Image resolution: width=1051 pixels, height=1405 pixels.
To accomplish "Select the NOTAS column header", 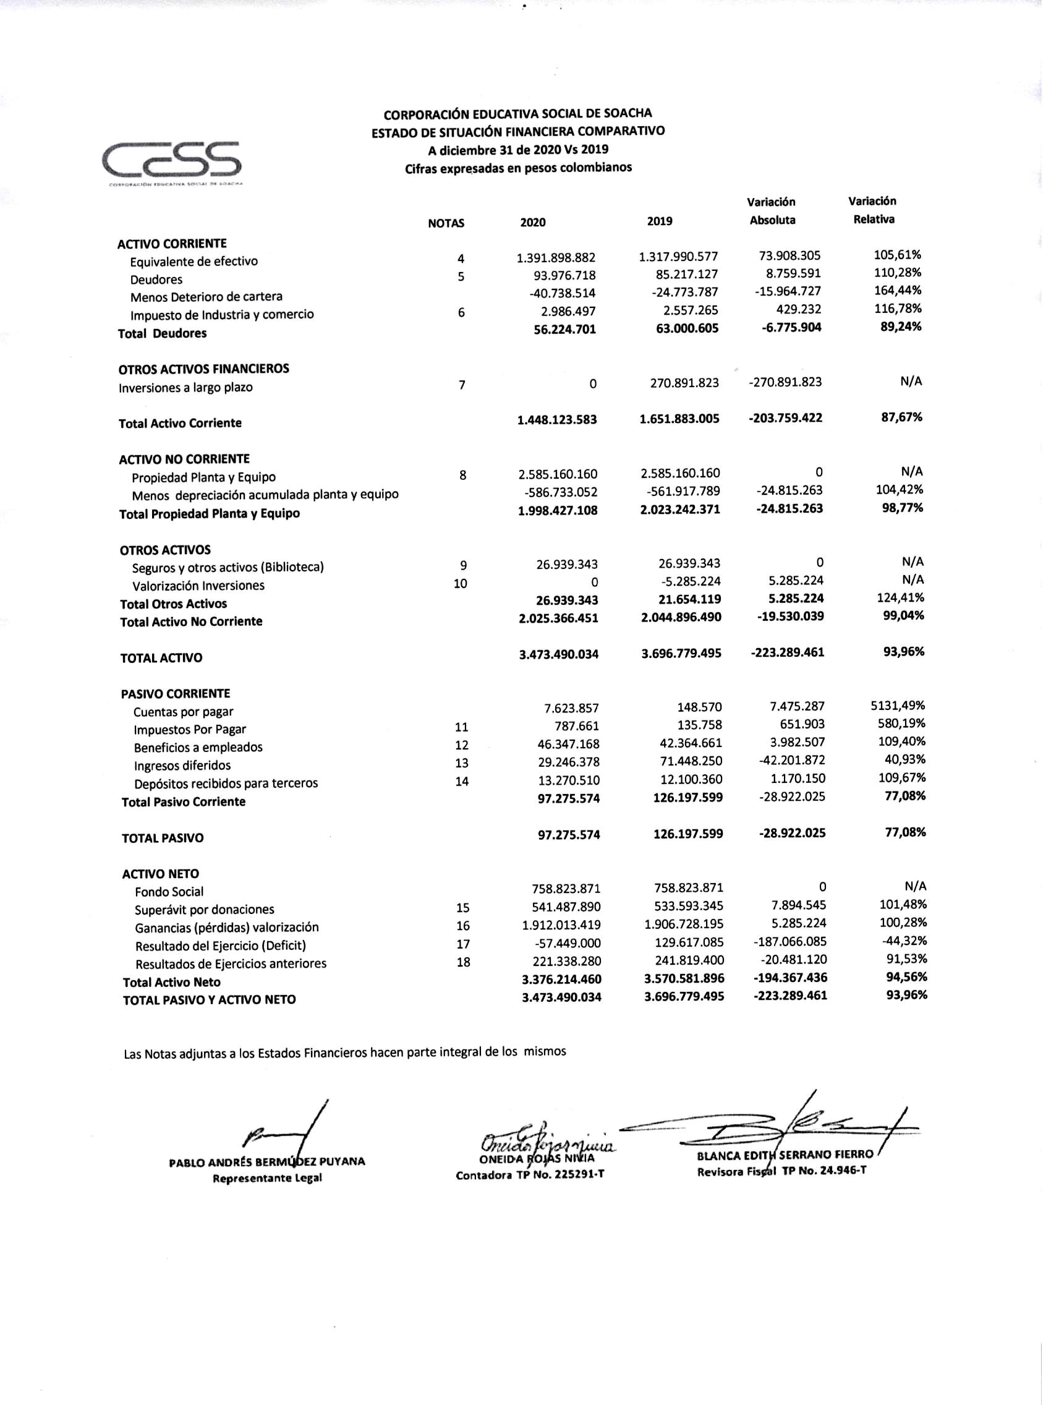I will (x=446, y=223).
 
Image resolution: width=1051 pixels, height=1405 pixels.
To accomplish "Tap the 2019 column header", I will (x=659, y=221).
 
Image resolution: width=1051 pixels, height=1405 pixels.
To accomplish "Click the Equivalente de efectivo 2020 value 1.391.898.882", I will (x=556, y=257).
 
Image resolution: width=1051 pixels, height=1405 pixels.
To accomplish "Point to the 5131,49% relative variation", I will (x=897, y=705).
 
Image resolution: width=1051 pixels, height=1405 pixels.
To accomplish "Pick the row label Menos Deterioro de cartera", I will (x=206, y=297).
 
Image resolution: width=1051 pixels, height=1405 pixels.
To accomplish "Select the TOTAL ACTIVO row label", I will (x=161, y=658).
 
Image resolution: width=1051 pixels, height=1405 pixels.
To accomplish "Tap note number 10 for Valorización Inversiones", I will (x=461, y=583).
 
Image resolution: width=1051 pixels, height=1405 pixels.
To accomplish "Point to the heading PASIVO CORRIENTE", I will (x=176, y=694).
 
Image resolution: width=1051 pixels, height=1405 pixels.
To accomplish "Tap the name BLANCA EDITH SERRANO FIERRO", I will (x=785, y=1155).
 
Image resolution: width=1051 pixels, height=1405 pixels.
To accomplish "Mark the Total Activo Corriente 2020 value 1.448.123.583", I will (x=557, y=419).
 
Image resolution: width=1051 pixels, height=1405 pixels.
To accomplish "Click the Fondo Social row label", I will (x=169, y=892).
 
